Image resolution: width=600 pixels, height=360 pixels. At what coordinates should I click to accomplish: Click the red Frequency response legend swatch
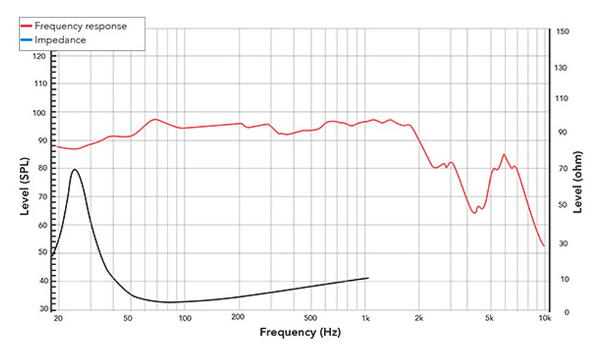coord(27,26)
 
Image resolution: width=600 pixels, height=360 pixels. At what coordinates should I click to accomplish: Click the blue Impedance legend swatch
coord(27,40)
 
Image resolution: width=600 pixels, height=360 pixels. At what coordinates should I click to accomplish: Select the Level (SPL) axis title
coord(25,182)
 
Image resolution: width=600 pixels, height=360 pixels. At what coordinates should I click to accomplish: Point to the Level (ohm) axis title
coord(578,182)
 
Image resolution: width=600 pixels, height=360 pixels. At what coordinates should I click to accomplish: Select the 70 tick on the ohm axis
coord(561,169)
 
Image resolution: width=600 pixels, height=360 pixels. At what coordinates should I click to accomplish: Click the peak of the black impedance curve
coord(74,169)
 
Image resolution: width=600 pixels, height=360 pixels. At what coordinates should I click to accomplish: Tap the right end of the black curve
coord(368,278)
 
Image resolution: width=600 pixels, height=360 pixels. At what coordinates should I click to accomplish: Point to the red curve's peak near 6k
coord(503,154)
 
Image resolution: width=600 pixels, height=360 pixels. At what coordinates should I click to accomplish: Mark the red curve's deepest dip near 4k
coord(474,213)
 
